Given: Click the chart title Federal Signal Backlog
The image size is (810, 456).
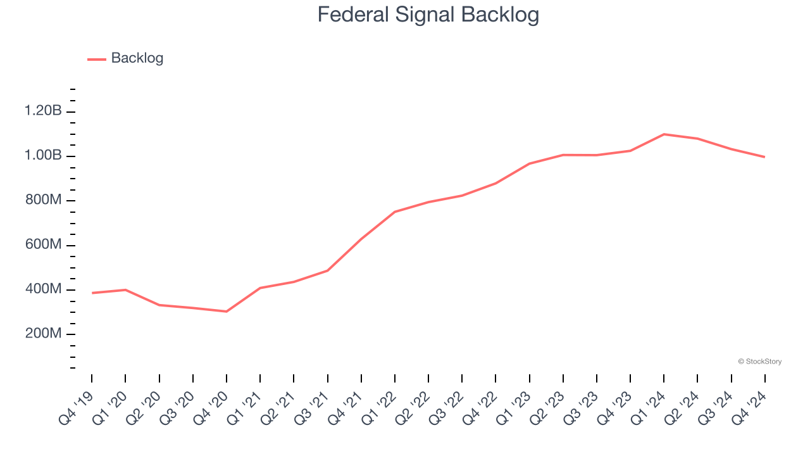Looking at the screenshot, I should coord(428,14).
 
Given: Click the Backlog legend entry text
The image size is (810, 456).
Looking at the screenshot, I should coord(137,58).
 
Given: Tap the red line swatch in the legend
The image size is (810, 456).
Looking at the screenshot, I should coord(96,59).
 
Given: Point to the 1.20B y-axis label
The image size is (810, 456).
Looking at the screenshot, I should coord(43,111).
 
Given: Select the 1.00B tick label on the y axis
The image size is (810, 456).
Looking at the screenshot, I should coord(43,156).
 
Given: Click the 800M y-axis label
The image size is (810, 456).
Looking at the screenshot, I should coord(43,201).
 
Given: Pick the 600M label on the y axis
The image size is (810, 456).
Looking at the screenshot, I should coord(43,245).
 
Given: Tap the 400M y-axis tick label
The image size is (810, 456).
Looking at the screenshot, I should coord(43,289).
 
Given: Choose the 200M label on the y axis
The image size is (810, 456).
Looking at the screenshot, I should coord(43,334).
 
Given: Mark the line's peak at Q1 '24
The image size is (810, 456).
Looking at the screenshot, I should coord(664,134).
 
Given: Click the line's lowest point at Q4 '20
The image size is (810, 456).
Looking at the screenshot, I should coord(227,312).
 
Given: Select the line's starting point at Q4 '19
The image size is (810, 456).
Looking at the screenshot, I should coord(92,293).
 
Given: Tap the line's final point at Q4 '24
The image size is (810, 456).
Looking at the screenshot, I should coord(764,157).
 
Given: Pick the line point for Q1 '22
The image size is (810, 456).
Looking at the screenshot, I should coord(395,212).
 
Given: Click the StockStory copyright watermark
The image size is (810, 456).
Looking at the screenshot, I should coord(759,362).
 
